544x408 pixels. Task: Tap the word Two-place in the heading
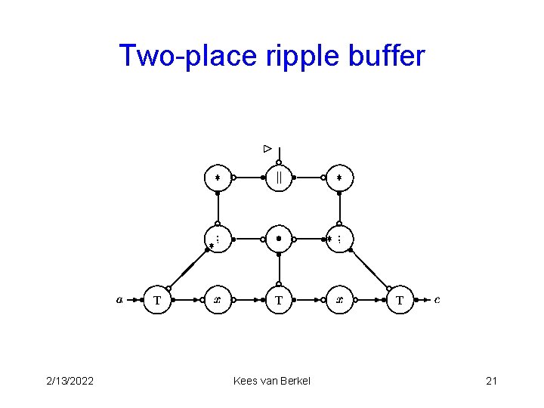(182, 56)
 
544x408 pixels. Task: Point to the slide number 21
(491, 381)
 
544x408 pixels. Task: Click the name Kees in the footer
(246, 381)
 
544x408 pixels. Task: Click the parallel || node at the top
(279, 178)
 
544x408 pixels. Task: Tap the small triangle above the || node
(267, 149)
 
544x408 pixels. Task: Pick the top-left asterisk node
(218, 178)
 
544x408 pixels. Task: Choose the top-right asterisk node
(339, 178)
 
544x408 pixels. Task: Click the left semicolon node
(218, 239)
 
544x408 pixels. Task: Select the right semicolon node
(339, 239)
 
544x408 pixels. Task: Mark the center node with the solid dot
(279, 239)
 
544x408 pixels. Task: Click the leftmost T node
(157, 300)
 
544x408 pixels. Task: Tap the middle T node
(279, 300)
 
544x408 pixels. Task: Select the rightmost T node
(400, 300)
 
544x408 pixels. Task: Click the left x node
(218, 300)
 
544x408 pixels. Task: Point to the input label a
(119, 299)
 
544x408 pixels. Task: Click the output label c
(437, 299)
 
